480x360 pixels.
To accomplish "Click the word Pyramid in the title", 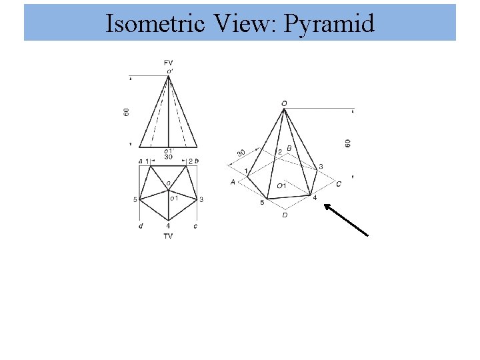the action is pos(329,24).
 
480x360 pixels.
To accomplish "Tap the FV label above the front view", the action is pos(169,62).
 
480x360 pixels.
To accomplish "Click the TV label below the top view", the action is pos(168,236).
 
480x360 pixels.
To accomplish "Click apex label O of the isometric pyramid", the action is pos(285,103).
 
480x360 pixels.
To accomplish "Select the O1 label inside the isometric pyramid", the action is pos(282,185).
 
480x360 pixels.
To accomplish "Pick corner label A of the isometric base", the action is pos(233,181).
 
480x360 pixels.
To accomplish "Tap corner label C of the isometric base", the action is pos(339,183).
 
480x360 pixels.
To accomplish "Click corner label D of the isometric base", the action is pos(285,215).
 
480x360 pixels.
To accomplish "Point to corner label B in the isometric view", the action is pos(289,148).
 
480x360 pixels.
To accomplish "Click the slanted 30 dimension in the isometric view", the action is pos(241,153).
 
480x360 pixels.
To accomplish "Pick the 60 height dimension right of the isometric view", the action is pos(348,143).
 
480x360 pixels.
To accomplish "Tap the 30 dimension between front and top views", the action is pos(168,157).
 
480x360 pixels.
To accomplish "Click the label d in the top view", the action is pos(141,227).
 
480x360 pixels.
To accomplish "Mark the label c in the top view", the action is pos(195,227).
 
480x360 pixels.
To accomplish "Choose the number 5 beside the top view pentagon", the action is pos(135,199).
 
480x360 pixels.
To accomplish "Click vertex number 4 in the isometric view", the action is pos(315,197).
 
